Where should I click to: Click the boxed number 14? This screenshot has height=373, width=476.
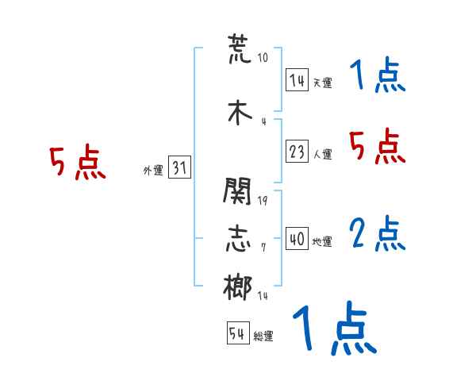click(297, 79)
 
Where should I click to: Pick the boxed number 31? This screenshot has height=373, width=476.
click(179, 167)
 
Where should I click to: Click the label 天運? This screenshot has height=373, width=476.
click(322, 83)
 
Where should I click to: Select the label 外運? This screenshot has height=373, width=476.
click(152, 170)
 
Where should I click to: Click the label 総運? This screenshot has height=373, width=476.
click(263, 336)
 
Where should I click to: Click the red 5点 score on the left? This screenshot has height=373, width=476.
click(77, 163)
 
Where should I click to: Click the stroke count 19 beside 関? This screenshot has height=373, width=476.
click(263, 200)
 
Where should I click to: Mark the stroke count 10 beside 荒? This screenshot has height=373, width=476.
click(263, 58)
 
